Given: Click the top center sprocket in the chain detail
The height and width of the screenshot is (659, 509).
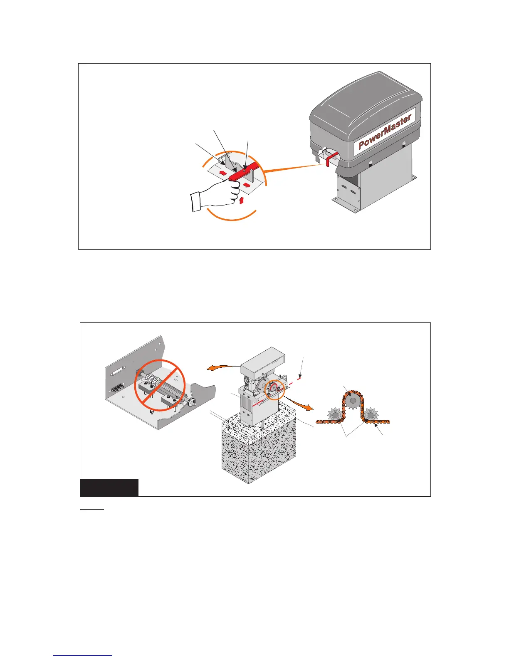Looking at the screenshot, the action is coord(353,401).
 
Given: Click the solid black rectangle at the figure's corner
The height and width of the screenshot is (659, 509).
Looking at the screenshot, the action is coord(109,487).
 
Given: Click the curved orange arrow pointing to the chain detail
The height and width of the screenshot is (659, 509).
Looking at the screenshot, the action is coord(301,403).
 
